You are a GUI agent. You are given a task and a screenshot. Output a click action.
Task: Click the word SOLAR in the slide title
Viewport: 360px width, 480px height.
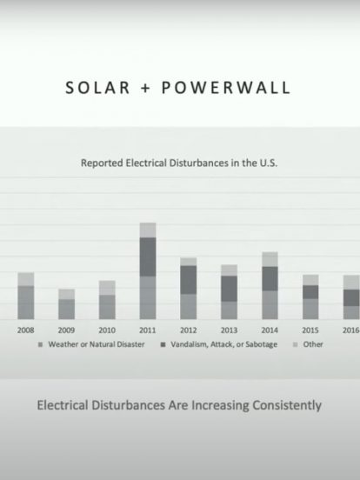pos(98,88)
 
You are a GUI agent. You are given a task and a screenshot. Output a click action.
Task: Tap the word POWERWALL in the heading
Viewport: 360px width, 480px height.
pos(226,88)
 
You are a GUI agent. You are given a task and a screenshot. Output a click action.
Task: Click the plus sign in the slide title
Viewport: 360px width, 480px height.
pos(146,88)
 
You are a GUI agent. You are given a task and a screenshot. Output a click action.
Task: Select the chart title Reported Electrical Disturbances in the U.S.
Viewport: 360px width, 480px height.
pos(179,163)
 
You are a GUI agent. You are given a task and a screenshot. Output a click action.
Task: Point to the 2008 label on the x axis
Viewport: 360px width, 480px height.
pos(26,330)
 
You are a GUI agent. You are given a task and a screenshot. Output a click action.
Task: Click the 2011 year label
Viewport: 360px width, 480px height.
pos(148,330)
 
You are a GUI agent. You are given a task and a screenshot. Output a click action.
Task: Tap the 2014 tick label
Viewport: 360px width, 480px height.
pos(270,330)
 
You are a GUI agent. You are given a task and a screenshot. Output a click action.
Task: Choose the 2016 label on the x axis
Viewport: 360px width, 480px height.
pos(351,330)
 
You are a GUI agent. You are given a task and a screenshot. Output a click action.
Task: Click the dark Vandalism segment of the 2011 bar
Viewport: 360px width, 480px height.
pos(148,257)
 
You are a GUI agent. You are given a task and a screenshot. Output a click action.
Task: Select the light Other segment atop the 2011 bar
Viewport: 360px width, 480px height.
pos(148,230)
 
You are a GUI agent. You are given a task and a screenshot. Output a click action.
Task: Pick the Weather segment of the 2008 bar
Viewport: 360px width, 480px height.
pos(26,303)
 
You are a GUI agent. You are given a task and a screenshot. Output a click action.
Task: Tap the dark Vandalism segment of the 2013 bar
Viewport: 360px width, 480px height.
pos(229,289)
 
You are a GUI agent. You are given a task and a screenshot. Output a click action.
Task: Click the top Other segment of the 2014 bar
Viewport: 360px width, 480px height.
pos(270,259)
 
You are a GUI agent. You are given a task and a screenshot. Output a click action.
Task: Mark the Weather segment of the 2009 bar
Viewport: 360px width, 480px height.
pos(67,310)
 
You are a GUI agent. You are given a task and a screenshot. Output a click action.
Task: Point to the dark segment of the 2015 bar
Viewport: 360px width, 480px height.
pos(310,292)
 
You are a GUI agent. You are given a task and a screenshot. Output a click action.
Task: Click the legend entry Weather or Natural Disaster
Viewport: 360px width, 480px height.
pos(91,344)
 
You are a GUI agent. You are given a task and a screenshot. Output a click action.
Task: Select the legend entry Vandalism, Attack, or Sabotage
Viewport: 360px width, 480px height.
pos(219,344)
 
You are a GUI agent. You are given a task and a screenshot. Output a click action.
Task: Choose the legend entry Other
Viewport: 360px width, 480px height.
pos(308,344)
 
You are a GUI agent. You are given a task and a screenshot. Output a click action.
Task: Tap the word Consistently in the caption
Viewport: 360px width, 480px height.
pos(287,405)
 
